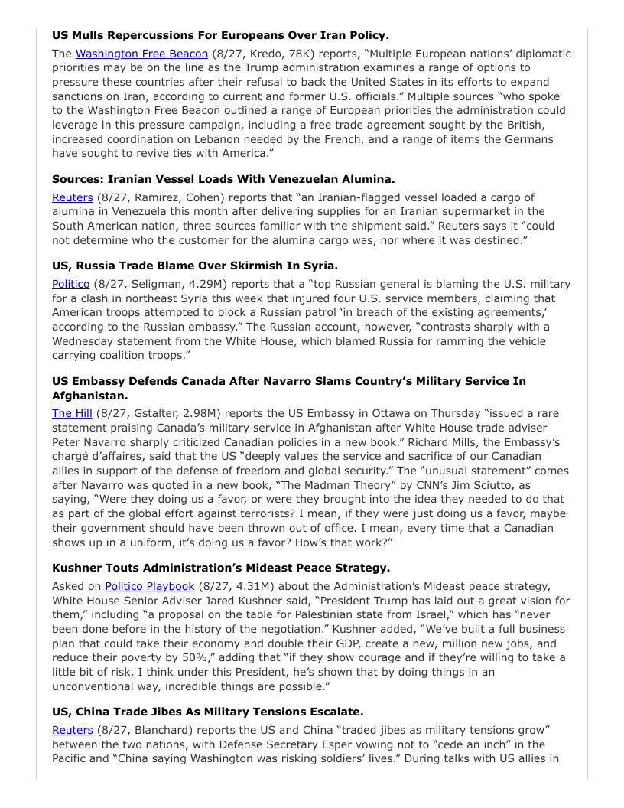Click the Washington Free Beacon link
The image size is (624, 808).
pyautogui.click(x=141, y=54)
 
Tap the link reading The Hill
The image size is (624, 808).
pyautogui.click(x=72, y=413)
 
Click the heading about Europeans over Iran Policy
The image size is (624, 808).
pyautogui.click(x=220, y=35)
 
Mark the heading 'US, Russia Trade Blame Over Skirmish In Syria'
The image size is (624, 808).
pyautogui.click(x=194, y=266)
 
